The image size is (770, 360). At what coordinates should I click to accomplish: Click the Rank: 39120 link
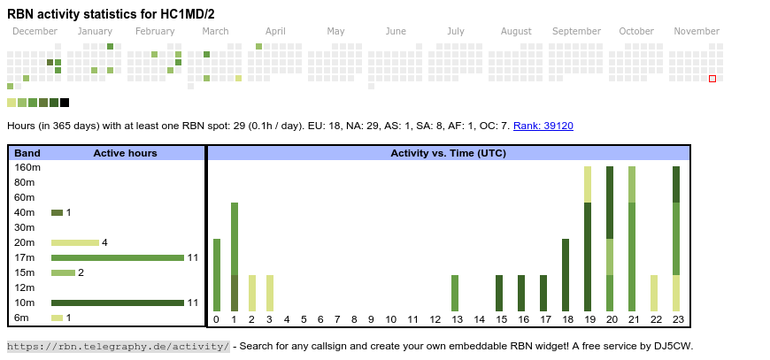(x=543, y=126)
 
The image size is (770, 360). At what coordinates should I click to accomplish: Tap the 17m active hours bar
(x=117, y=257)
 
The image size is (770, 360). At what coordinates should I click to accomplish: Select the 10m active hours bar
(x=117, y=303)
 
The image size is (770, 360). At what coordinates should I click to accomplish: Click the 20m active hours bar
(x=74, y=242)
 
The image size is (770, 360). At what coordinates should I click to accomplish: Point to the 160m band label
(x=27, y=167)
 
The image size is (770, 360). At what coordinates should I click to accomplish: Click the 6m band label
(x=21, y=318)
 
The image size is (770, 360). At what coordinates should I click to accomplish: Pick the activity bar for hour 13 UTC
(x=455, y=293)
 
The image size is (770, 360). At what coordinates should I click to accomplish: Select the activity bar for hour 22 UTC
(x=654, y=293)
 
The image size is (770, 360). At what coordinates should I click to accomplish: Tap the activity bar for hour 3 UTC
(x=270, y=293)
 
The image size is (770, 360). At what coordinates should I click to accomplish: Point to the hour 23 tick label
(x=677, y=319)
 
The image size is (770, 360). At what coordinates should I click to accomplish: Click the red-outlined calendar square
(x=712, y=79)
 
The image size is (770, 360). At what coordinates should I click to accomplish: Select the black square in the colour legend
(x=65, y=103)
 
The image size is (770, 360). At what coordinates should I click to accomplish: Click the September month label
(x=576, y=32)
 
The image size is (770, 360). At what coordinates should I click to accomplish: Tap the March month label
(x=215, y=32)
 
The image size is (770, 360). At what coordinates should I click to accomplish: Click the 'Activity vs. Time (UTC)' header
(x=448, y=153)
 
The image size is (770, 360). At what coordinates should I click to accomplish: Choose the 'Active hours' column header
(x=125, y=153)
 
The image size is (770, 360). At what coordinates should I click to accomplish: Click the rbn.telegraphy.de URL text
(x=118, y=346)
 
